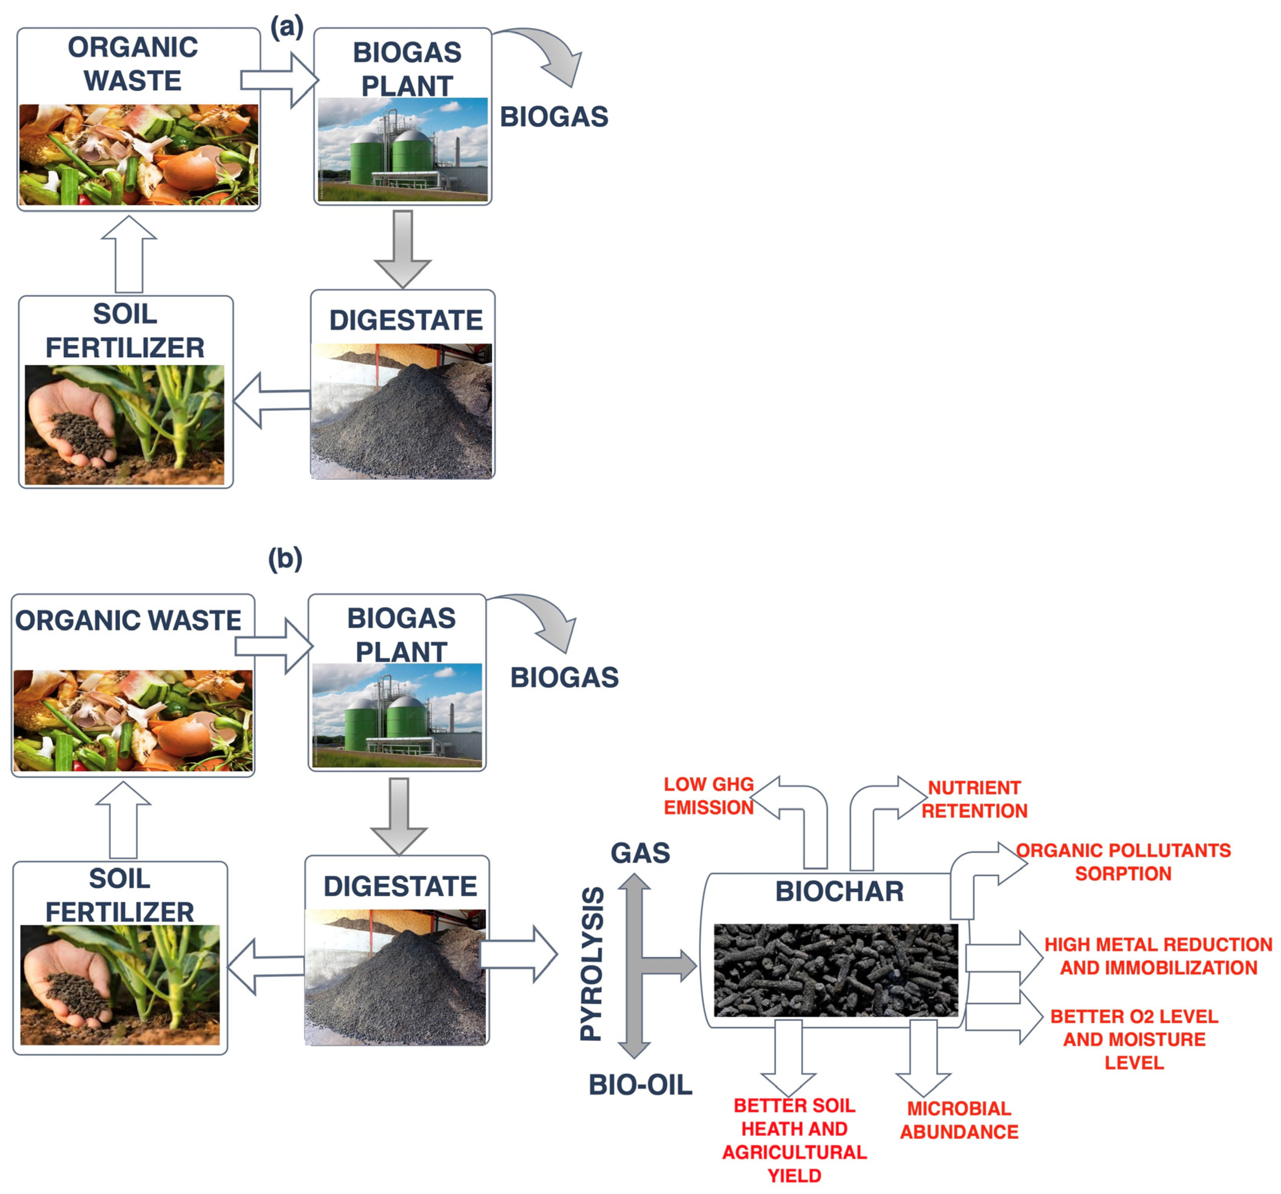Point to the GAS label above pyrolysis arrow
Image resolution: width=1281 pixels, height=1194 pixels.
640,853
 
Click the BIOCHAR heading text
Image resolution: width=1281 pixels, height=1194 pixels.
839,892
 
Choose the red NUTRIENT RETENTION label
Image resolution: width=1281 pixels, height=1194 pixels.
974,799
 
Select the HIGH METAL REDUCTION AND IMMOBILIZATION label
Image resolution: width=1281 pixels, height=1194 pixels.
1158,956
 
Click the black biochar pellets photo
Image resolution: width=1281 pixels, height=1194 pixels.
836,970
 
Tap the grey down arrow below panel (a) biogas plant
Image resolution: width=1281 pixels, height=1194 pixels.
403,249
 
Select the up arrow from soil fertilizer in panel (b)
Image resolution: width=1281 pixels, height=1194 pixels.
123,820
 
